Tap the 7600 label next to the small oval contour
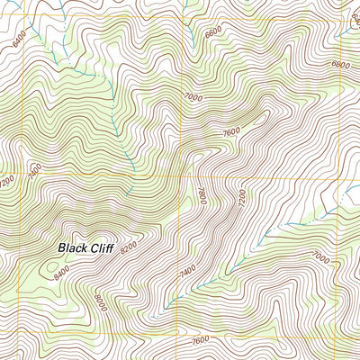(x=231, y=130)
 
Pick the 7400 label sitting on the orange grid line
(x=37, y=169)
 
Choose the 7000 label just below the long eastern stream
(x=320, y=256)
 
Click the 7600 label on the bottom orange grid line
(x=202, y=339)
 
